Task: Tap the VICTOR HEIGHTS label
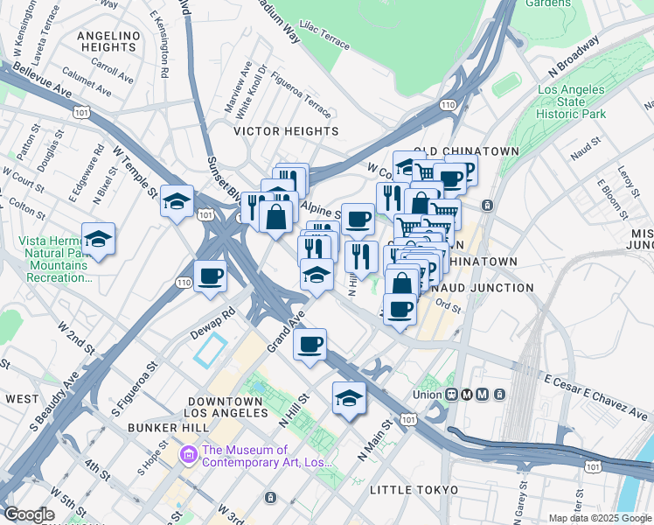click(286, 131)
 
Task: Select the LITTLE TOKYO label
click(414, 489)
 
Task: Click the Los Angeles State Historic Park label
click(571, 102)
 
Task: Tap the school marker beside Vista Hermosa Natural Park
click(99, 238)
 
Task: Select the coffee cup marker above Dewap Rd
click(210, 276)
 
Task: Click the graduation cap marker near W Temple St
click(177, 201)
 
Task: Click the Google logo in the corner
click(29, 514)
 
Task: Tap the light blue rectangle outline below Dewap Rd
click(211, 351)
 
